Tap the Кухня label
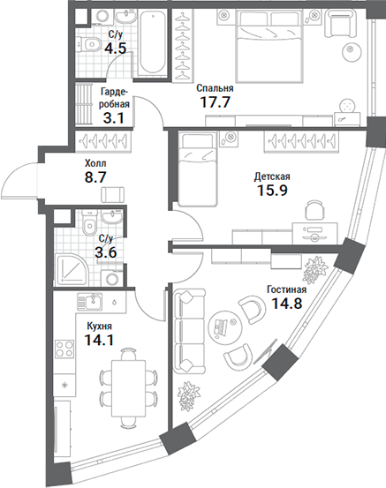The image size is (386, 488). click(x=98, y=326)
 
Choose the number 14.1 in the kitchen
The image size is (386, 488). click(x=99, y=342)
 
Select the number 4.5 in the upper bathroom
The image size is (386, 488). click(x=115, y=49)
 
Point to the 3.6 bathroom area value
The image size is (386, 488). click(x=106, y=254)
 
